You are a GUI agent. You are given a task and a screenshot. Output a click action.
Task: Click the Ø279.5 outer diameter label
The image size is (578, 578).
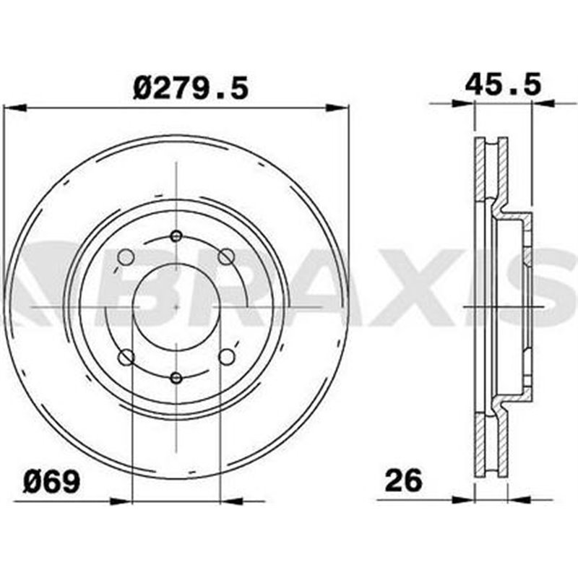191,88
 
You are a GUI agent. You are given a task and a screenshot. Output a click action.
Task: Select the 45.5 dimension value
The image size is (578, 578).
503,85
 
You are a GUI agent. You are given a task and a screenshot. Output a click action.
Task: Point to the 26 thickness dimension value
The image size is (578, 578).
402,480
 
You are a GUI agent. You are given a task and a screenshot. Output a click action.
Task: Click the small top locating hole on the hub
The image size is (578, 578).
176,236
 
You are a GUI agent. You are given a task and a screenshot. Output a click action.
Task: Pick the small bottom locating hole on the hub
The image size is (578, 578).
176,376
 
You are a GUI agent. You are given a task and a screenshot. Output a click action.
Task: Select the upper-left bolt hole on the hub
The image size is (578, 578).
126,256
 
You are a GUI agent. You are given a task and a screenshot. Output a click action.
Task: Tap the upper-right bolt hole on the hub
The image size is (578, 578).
226,256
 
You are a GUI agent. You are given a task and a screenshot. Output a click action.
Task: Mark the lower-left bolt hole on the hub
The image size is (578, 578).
126,356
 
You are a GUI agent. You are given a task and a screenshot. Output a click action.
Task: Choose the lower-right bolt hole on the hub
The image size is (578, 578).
226,356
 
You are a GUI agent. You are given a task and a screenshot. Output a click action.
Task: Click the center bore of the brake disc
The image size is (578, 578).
176,306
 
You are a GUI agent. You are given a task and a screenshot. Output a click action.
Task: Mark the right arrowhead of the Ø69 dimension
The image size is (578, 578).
231,499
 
